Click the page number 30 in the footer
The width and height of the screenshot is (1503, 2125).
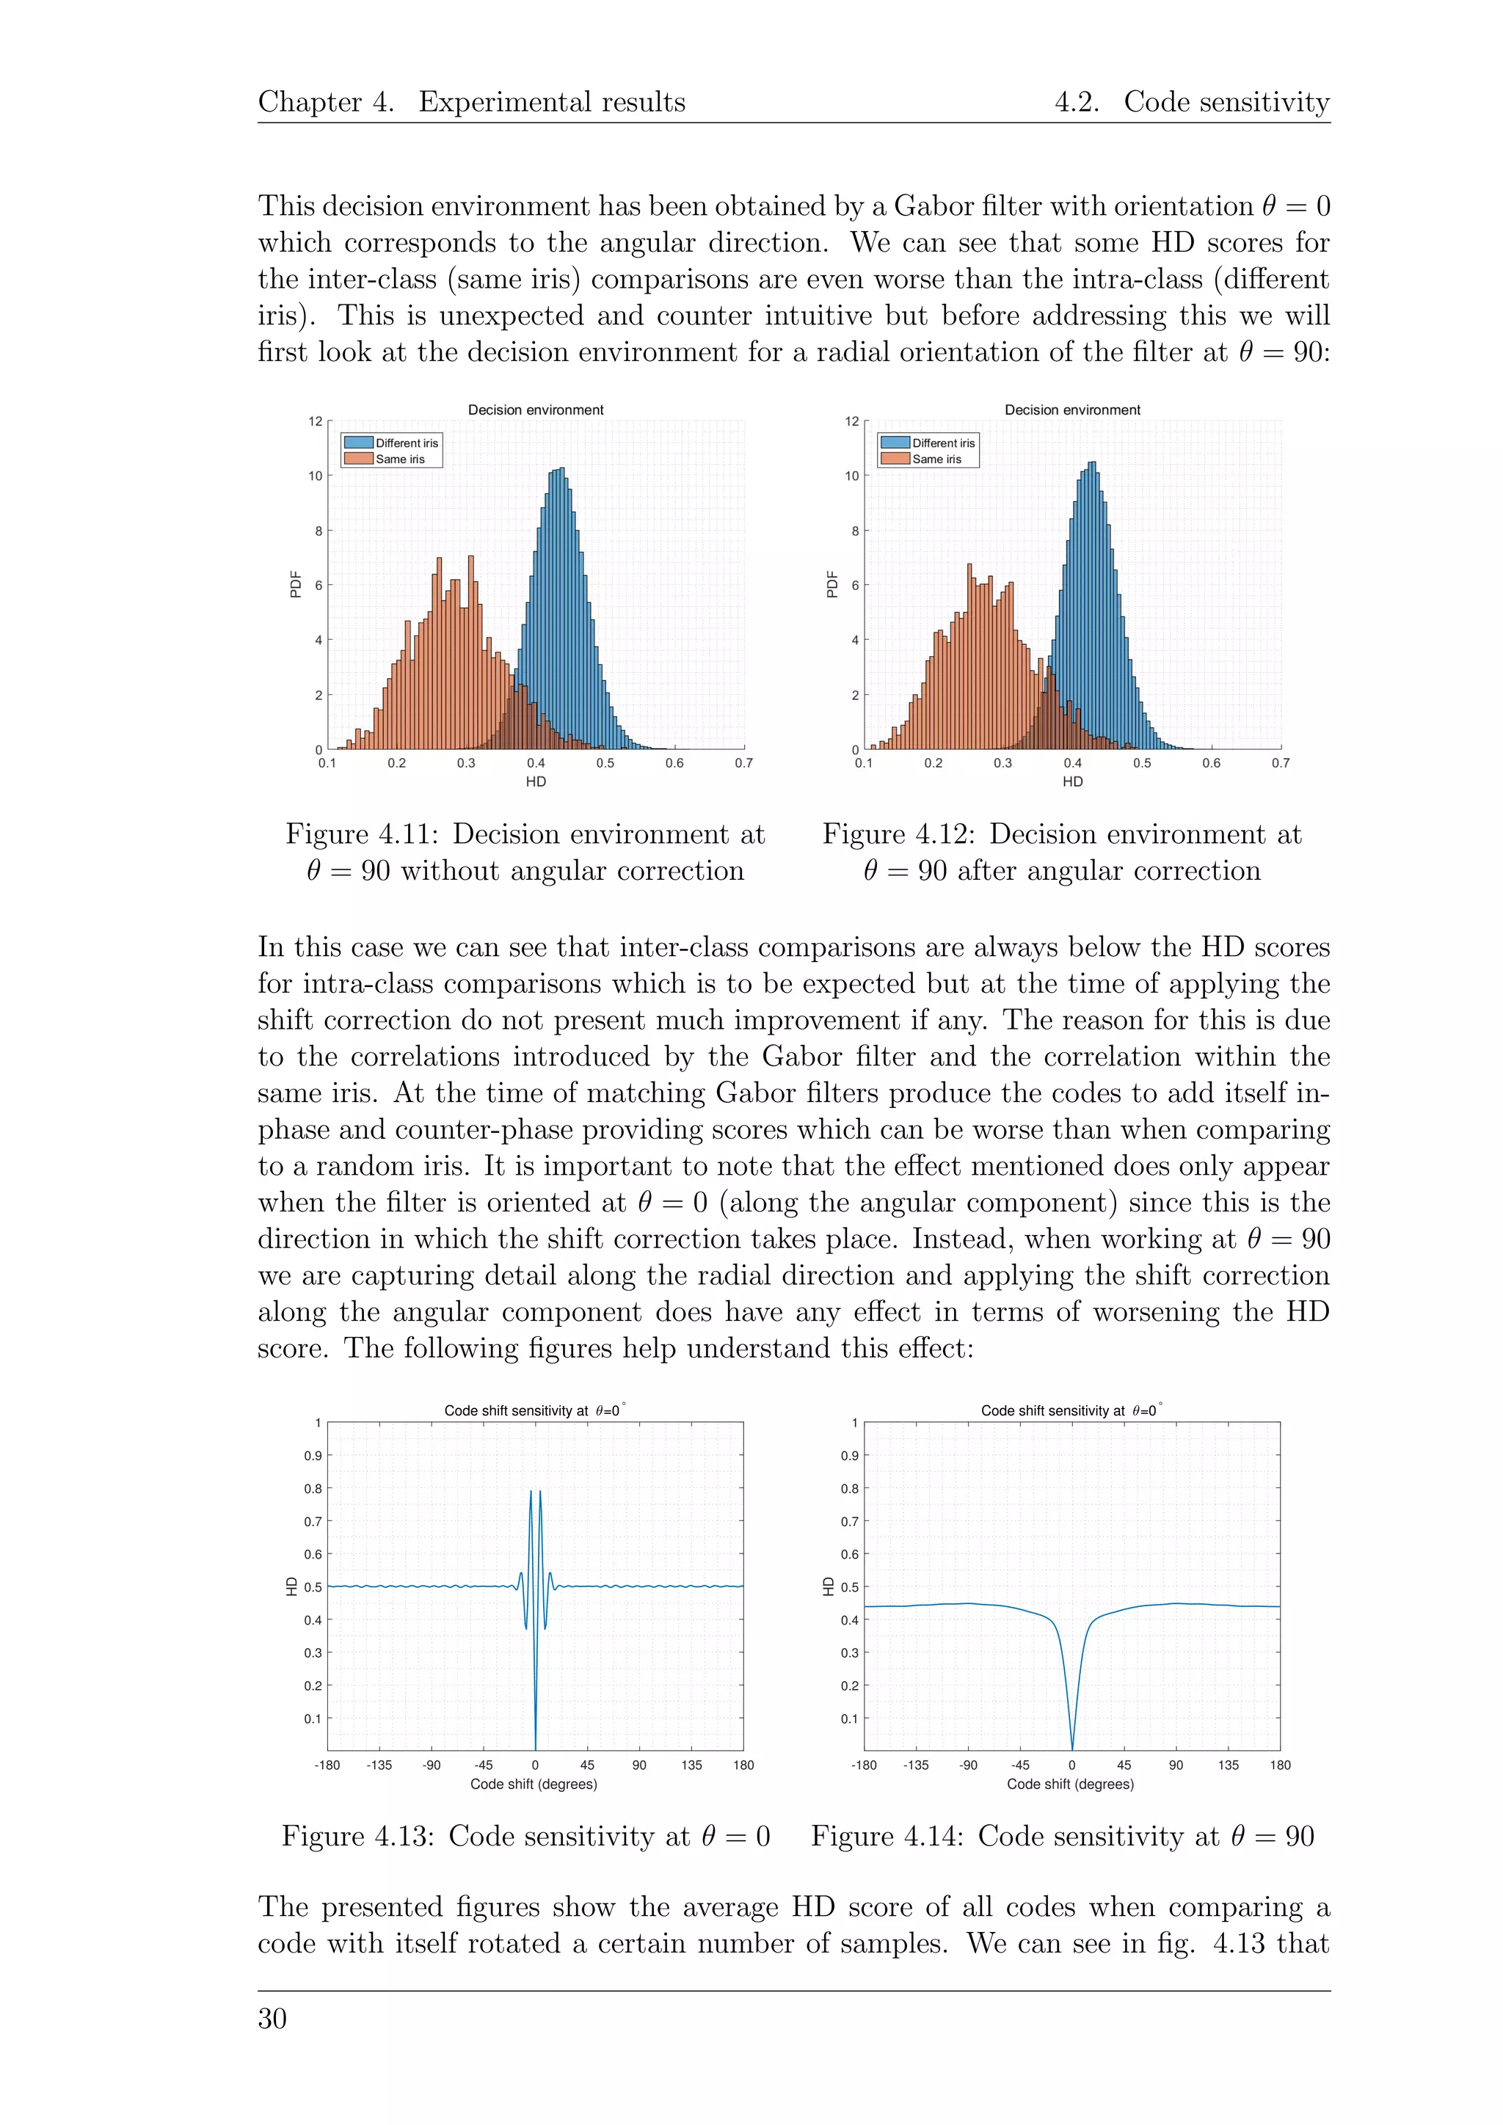tap(272, 2019)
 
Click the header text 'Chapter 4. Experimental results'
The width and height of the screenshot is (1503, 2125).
tap(471, 102)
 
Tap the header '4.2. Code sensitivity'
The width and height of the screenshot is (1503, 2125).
tap(1191, 102)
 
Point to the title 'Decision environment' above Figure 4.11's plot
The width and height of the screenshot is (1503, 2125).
tap(535, 410)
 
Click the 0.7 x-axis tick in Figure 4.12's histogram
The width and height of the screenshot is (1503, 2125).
tap(1280, 764)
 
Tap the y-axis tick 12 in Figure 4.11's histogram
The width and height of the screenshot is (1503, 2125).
tap(316, 422)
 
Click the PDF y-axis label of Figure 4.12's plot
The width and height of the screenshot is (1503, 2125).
tap(831, 584)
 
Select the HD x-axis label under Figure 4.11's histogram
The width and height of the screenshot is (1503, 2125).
tap(536, 782)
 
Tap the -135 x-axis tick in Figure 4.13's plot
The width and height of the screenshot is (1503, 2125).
tap(379, 1765)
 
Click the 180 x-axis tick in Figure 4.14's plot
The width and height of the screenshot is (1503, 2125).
tap(1280, 1765)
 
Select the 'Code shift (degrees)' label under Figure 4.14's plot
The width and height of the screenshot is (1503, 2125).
tap(1070, 1784)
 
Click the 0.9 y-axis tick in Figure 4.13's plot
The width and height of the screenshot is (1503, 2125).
tap(313, 1456)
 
